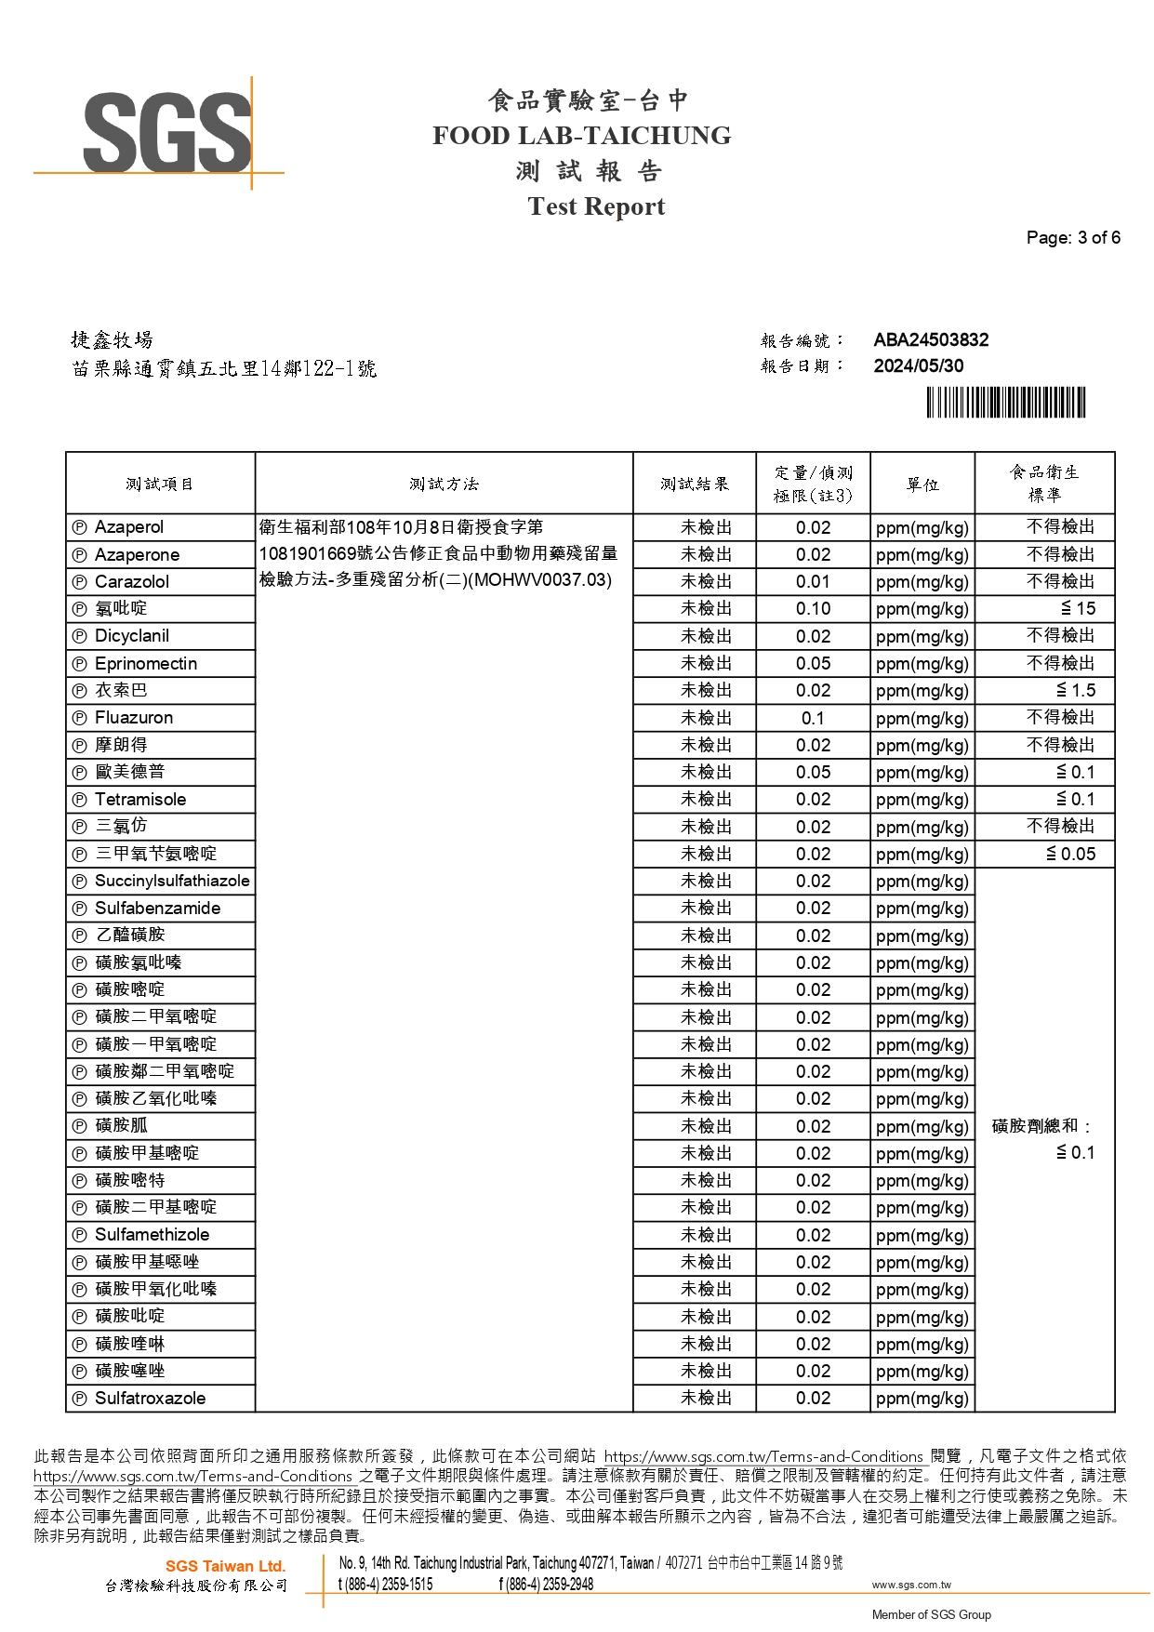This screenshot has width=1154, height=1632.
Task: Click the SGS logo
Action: click(167, 132)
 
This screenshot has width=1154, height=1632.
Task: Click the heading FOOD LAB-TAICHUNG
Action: click(581, 136)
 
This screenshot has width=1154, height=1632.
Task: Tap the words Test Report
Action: click(596, 206)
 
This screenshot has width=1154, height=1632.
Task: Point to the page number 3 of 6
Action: click(1073, 238)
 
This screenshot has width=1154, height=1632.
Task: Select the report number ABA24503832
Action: click(931, 340)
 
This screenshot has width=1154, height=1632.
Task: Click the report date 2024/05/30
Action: click(918, 366)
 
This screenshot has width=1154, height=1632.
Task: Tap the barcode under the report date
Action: click(1005, 403)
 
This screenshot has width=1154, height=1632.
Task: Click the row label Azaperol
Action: click(129, 527)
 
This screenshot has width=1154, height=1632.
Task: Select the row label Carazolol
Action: click(132, 582)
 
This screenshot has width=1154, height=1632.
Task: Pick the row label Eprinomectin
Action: click(146, 664)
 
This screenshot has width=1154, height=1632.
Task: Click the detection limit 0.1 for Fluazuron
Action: click(813, 719)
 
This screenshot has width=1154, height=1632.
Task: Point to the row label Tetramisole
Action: click(140, 800)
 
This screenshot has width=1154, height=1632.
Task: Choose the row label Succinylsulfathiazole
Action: click(172, 882)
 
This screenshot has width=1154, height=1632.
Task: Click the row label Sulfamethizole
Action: click(153, 1235)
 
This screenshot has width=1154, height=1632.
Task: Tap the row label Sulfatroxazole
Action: click(151, 1399)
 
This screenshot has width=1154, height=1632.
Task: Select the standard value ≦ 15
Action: click(1078, 609)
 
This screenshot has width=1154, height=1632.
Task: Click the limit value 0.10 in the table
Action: click(813, 609)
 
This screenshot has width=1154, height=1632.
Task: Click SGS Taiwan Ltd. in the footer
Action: click(225, 1567)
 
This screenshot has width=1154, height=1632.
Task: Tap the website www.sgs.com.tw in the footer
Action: click(911, 1585)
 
